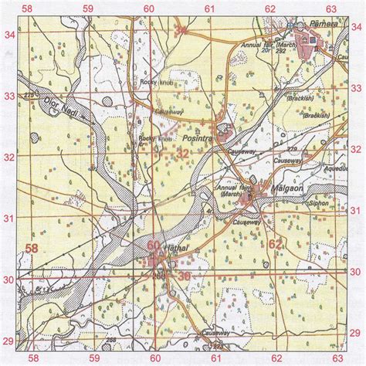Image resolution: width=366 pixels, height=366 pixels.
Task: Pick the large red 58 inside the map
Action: click(x=33, y=248)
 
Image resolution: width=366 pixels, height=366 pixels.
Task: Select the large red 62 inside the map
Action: click(x=276, y=246)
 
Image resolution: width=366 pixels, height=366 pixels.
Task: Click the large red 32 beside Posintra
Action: click(x=182, y=154)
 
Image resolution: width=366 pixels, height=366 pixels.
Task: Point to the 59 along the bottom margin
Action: click(x=91, y=358)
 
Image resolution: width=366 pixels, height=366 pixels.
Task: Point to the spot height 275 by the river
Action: click(x=30, y=95)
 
